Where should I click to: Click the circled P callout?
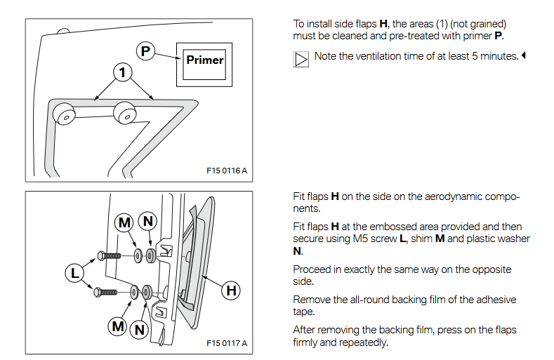[145, 51]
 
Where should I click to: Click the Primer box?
[204, 60]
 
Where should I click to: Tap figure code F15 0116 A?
[226, 171]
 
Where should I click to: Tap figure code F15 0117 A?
[226, 343]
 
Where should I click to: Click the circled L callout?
[74, 271]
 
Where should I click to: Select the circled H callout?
[230, 290]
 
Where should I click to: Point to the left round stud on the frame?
[65, 114]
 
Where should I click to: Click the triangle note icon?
[301, 59]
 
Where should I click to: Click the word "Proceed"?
[312, 270]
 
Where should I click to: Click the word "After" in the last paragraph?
[305, 331]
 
